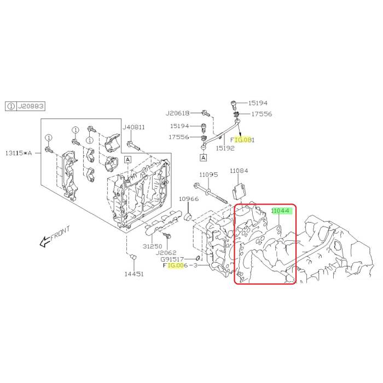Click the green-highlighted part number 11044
coord(280,211)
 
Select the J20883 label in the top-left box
coord(31,106)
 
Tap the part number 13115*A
coord(19,153)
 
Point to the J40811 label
coord(134,127)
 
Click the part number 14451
coord(134,274)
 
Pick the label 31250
coord(152,246)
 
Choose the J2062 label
coord(166,253)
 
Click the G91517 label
coord(172,259)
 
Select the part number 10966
coord(189,199)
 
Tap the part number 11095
coord(208,175)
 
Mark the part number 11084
coord(239,171)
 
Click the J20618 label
coord(178,113)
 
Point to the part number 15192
coord(225,148)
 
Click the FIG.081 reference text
coord(242,140)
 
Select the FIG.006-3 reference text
coord(180,265)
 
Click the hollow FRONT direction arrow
coord(45,241)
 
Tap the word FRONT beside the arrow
coord(60,234)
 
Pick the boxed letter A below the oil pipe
coord(203,158)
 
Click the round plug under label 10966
coord(188,217)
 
